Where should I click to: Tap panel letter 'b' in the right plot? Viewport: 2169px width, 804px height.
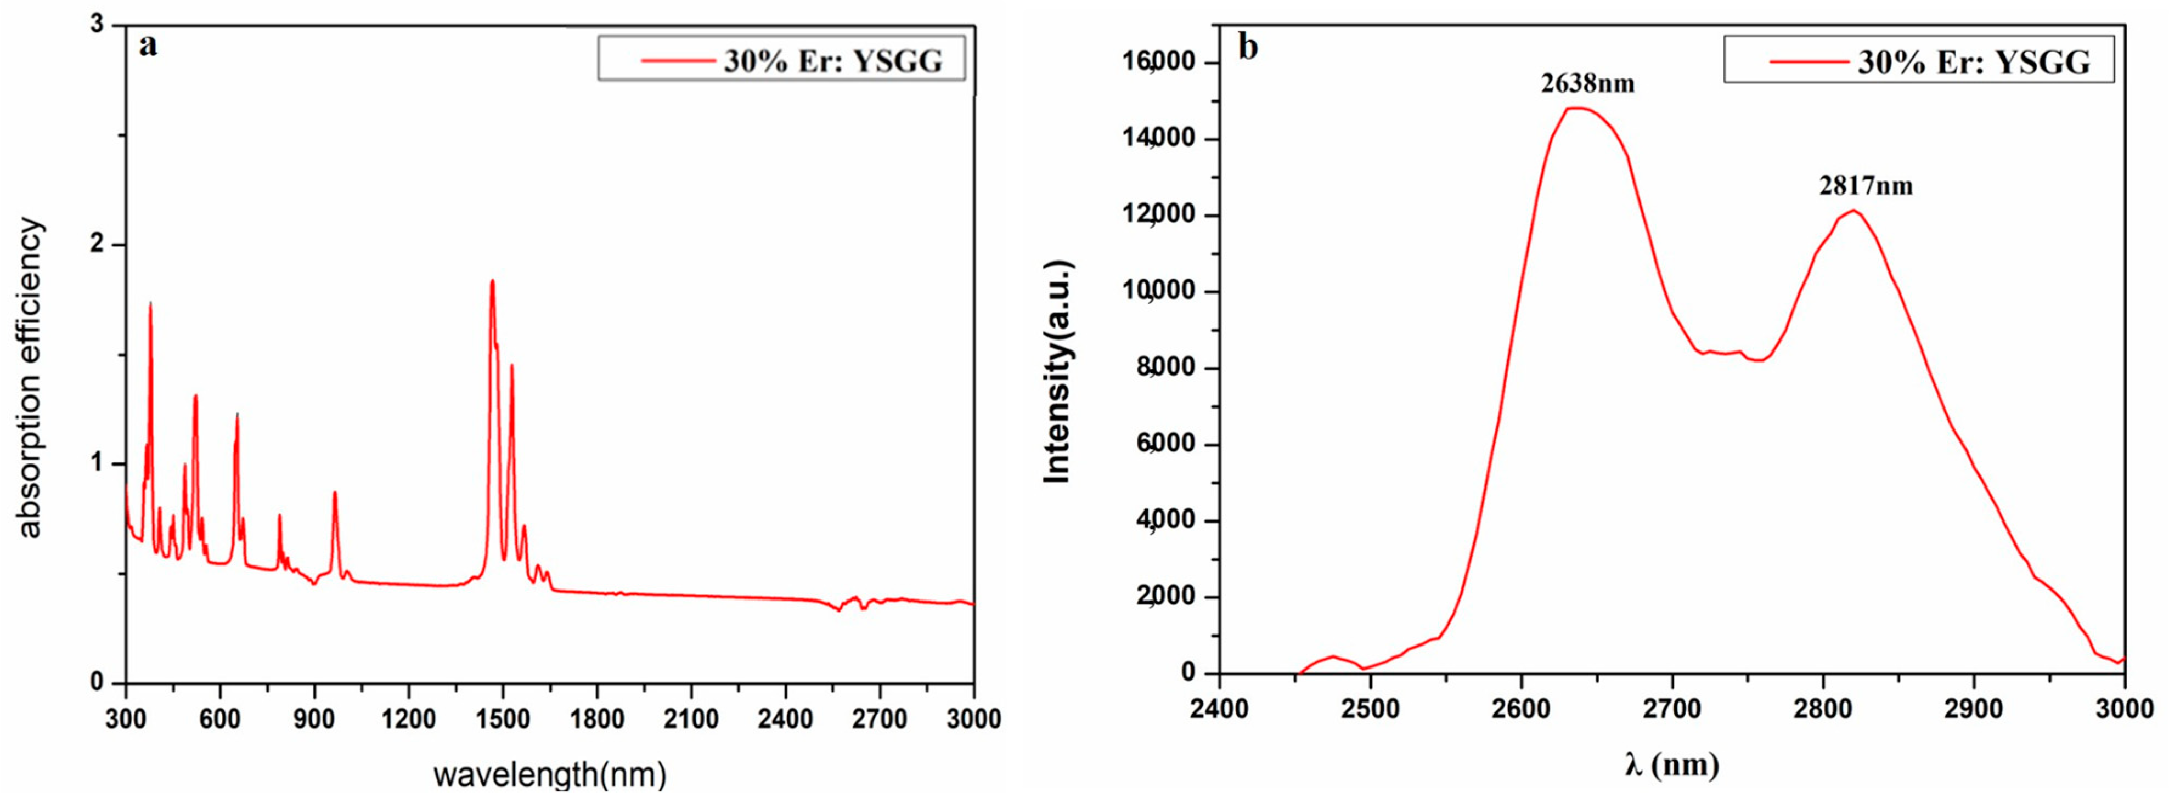coord(1248,47)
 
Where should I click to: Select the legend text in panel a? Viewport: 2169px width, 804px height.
coord(833,61)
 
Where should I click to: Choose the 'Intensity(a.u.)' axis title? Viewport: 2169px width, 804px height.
coord(1057,372)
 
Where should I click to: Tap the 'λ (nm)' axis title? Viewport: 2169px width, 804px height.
coord(1671,765)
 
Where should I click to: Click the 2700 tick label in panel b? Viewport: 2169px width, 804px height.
coord(1671,709)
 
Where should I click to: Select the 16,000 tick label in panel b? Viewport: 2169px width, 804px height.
coord(1165,63)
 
